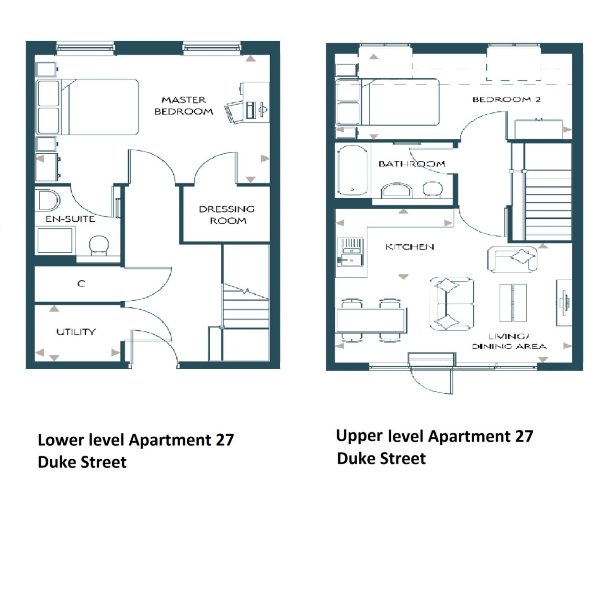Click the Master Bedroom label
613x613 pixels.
[x=183, y=106]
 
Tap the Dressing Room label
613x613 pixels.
[x=227, y=215]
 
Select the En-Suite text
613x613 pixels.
[x=70, y=219]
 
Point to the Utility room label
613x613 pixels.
[x=76, y=332]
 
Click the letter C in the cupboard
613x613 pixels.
[x=81, y=283]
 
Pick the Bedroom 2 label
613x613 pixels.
[x=506, y=99]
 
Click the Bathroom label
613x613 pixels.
[x=412, y=164]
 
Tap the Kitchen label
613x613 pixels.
[x=410, y=247]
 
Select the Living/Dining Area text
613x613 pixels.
[x=509, y=341]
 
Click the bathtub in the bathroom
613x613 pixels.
[x=352, y=170]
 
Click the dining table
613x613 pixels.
[x=372, y=320]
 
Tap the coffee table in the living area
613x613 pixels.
[x=513, y=303]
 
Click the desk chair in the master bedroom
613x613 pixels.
[x=234, y=112]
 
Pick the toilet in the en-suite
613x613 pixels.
[x=99, y=245]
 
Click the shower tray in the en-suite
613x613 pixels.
[x=55, y=240]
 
